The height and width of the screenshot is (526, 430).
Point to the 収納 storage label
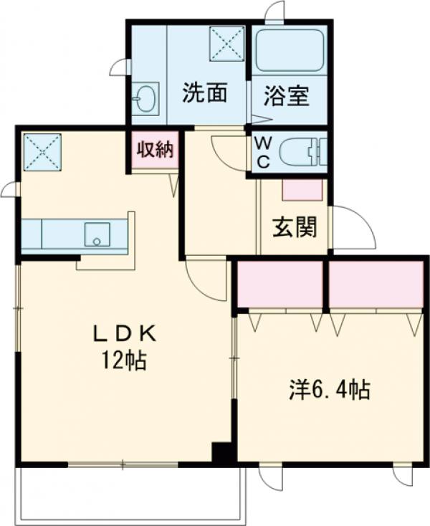point(153,150)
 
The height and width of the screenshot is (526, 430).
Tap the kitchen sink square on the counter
point(97,233)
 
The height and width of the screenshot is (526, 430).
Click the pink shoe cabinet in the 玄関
point(304,189)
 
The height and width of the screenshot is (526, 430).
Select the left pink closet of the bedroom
point(280,284)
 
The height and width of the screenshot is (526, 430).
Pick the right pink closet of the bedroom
point(376,284)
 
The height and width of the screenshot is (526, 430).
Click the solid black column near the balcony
point(223,453)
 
